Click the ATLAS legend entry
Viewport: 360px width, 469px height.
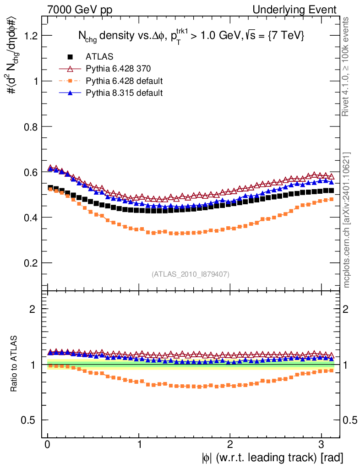click(x=99, y=57)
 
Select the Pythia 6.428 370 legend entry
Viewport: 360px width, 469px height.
click(x=118, y=69)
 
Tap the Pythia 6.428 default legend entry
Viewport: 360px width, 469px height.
click(x=124, y=81)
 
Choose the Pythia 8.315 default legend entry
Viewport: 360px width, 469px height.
click(x=124, y=93)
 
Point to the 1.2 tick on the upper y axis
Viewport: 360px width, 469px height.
click(x=30, y=36)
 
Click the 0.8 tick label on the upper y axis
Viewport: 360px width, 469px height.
click(x=30, y=126)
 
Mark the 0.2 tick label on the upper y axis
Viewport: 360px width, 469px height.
click(x=30, y=263)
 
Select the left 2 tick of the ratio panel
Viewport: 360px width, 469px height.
click(x=33, y=309)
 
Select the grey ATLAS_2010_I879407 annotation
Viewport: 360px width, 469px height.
click(x=191, y=274)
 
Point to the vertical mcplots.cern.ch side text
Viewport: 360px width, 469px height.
click(x=347, y=219)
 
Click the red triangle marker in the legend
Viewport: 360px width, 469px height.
click(x=70, y=69)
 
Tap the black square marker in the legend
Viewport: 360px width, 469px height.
click(x=70, y=57)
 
